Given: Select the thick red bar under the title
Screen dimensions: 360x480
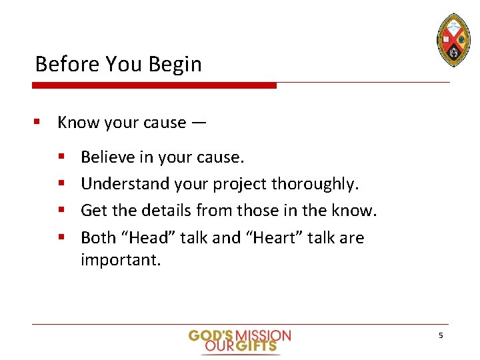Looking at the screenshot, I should point(154,85).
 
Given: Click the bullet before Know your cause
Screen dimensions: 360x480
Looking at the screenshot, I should point(39,123).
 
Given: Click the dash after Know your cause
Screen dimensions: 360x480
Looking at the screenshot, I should point(199,123).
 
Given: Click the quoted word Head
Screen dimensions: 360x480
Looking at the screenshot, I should point(149,237).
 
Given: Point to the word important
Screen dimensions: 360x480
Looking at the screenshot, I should point(121,259).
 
